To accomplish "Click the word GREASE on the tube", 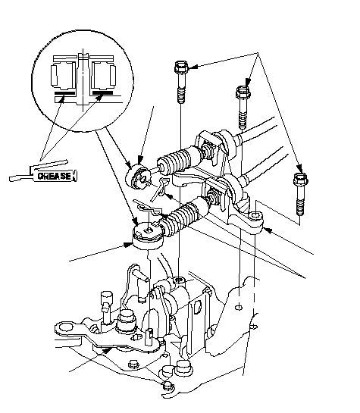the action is (55, 176).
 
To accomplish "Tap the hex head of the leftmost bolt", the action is (181, 67).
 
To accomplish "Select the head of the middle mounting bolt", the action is (243, 92).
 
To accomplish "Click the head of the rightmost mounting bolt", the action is (300, 179).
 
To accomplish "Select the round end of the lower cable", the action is (148, 235).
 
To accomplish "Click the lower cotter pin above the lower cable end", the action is (148, 207).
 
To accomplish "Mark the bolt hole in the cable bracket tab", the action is (255, 216).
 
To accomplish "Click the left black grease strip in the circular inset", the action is (64, 93).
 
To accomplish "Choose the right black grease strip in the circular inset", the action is (102, 93).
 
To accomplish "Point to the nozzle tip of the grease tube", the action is (11, 179).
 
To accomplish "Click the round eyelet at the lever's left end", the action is (64, 328).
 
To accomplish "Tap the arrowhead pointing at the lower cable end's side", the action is (129, 245).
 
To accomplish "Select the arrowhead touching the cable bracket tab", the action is (267, 230).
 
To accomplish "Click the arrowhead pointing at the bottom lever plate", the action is (107, 350).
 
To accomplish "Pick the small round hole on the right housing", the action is (239, 307).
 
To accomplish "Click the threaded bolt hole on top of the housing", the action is (180, 280).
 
